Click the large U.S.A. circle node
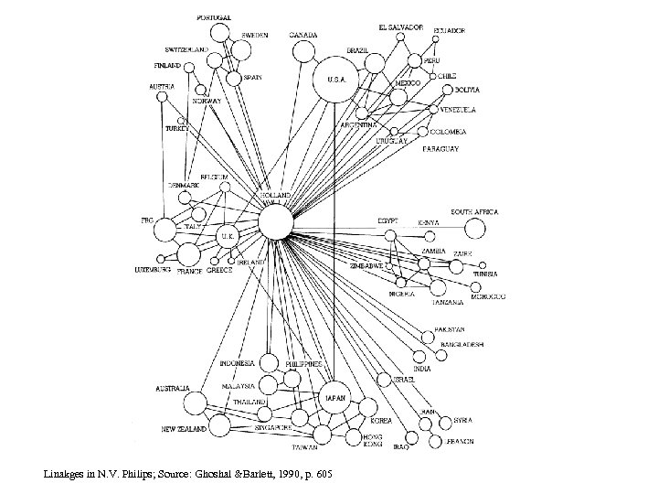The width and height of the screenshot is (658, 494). tap(335, 80)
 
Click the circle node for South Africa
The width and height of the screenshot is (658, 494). tap(475, 229)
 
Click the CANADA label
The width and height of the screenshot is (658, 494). tap(303, 36)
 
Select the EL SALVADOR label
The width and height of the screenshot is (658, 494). tap(402, 27)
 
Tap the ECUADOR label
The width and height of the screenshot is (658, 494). tap(450, 30)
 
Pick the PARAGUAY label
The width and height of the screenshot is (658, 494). tap(440, 147)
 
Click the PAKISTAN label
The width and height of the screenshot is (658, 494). tap(450, 329)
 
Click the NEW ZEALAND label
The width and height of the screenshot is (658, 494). tap(183, 428)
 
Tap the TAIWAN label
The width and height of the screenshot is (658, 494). tap(304, 448)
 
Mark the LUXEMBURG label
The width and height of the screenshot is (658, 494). tap(153, 271)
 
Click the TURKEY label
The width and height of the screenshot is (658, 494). tap(176, 130)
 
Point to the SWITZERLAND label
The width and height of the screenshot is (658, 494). tap(187, 49)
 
